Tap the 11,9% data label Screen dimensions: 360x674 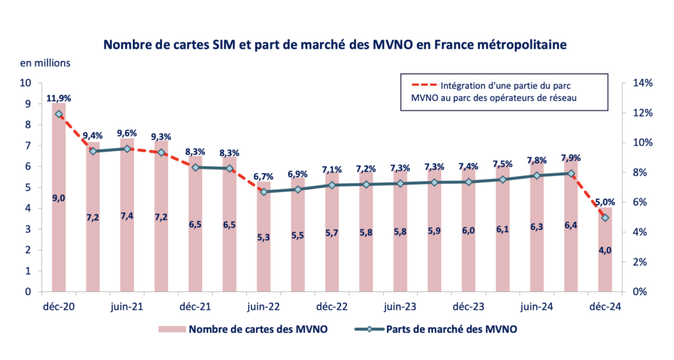[x=59, y=98]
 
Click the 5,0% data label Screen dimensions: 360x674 [x=605, y=202]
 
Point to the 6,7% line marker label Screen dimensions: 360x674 [x=263, y=176]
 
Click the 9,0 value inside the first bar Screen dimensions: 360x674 [x=59, y=198]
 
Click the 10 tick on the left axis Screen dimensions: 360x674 [x=26, y=83]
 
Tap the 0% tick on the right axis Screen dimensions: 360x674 [x=640, y=291]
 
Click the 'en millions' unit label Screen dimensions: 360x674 [x=45, y=63]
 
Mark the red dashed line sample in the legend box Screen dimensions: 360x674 [x=421, y=85]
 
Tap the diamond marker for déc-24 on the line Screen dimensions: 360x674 [x=605, y=218]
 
